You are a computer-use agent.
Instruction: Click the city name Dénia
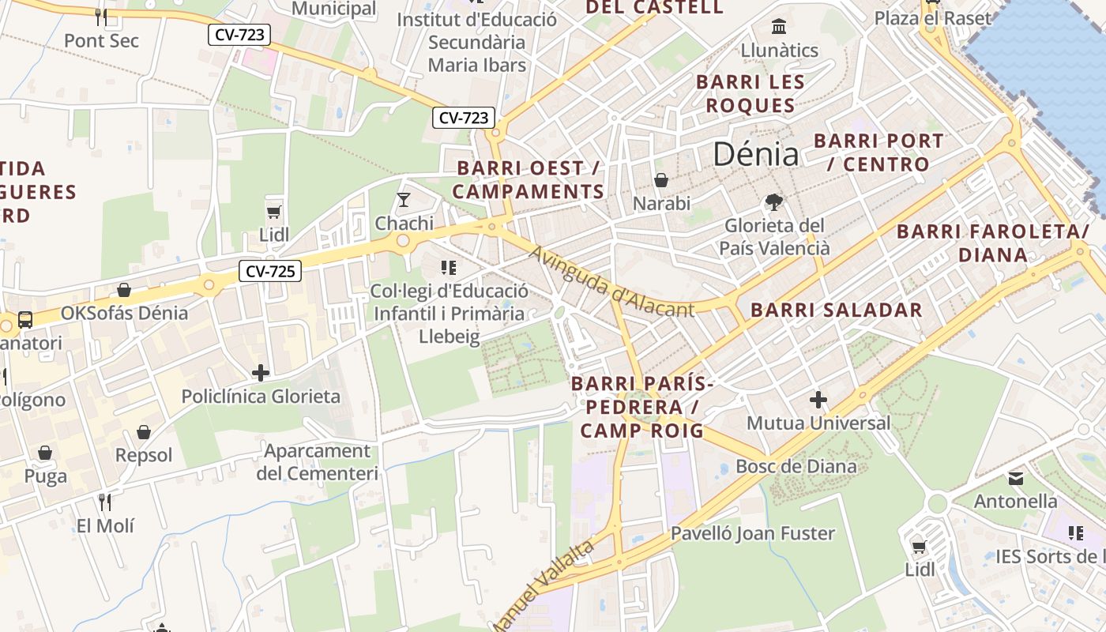pos(755,153)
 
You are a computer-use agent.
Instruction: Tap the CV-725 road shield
pos(270,272)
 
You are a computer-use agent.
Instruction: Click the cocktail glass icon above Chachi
pos(404,199)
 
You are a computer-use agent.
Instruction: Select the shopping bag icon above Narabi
pos(661,181)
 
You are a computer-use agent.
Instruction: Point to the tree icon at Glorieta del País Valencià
pos(774,202)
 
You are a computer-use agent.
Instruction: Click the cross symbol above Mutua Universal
pos(818,400)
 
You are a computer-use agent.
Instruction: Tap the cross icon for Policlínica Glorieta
pos(261,372)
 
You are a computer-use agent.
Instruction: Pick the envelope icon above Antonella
pos(1016,478)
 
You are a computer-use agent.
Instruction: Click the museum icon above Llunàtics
pos(779,27)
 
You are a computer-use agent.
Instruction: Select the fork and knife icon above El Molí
pos(105,502)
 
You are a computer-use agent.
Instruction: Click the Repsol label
pos(144,455)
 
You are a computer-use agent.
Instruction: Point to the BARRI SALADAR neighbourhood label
pos(836,310)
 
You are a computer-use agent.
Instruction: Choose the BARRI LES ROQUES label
pos(750,93)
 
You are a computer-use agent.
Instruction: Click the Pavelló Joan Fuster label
pos(752,533)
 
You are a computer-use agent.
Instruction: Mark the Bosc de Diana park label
pos(796,466)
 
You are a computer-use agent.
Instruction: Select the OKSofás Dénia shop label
pos(125,313)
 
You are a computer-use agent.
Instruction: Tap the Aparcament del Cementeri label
pos(317,462)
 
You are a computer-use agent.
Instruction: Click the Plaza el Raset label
pos(932,17)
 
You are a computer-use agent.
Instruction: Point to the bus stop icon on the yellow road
pos(25,320)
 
